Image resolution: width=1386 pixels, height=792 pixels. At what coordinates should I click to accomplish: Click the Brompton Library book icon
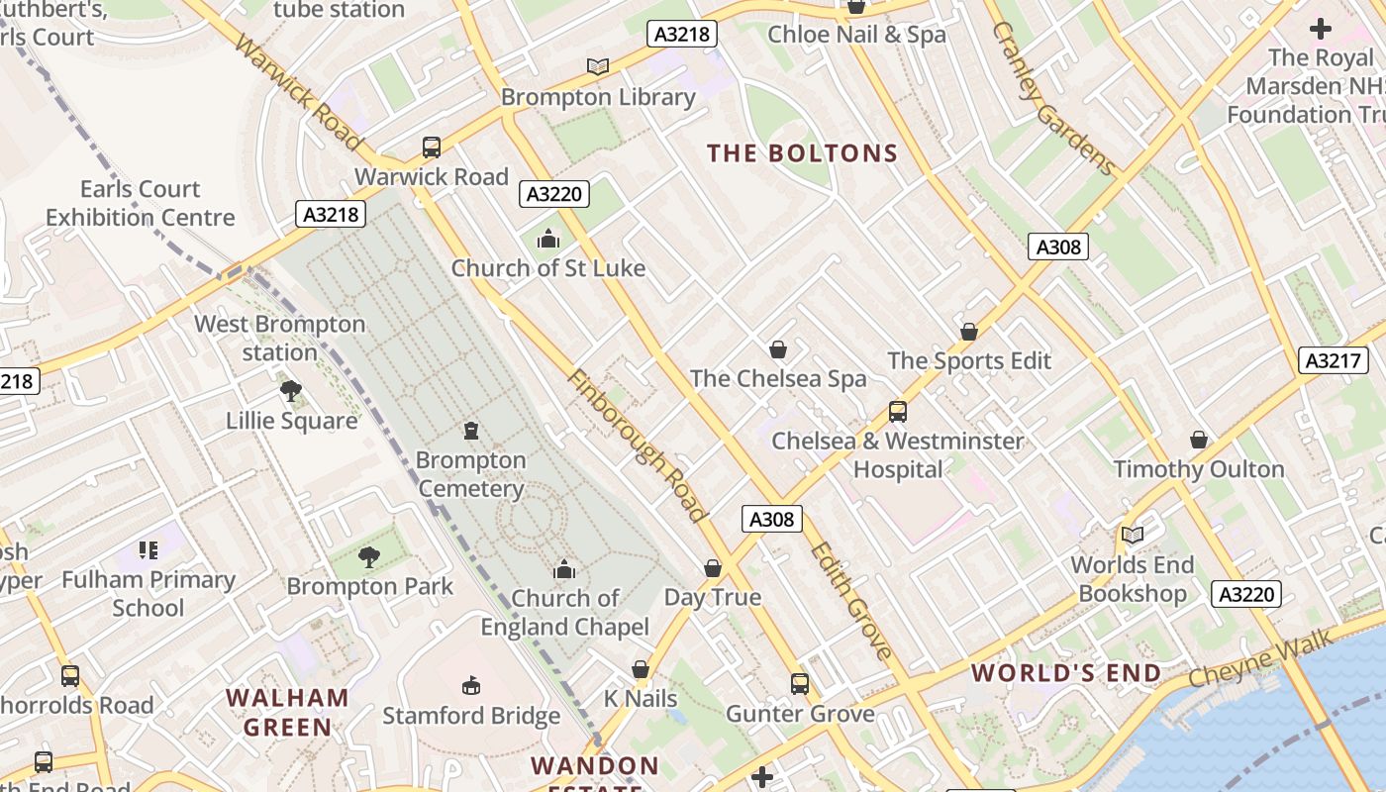597,66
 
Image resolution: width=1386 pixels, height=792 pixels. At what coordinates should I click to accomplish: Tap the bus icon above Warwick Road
431,148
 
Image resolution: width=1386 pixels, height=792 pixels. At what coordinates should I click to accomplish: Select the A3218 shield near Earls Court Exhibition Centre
331,214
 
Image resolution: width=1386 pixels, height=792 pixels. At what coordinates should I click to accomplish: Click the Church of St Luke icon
547,239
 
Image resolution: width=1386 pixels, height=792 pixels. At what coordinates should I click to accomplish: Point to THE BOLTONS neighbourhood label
802,153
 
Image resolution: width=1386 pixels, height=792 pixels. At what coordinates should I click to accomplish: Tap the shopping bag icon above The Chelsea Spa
778,349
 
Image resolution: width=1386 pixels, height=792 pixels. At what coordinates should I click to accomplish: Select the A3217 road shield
1333,360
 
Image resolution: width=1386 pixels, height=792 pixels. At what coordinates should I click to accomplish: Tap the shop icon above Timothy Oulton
1198,439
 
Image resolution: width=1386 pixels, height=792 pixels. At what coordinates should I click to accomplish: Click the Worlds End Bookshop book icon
1133,535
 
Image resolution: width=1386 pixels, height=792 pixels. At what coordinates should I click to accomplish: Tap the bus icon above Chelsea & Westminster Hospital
897,411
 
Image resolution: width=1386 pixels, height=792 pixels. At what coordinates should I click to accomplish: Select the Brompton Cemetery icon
471,431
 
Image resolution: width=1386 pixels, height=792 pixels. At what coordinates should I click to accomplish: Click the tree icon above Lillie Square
290,391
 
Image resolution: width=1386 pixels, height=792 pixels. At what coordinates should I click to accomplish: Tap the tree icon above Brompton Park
369,557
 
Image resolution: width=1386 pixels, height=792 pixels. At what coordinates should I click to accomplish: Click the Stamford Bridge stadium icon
471,685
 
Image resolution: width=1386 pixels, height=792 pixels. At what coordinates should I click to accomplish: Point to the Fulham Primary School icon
148,550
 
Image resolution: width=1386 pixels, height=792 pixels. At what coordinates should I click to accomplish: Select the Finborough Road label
638,445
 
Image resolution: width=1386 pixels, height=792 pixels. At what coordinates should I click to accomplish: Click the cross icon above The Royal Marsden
1320,29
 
